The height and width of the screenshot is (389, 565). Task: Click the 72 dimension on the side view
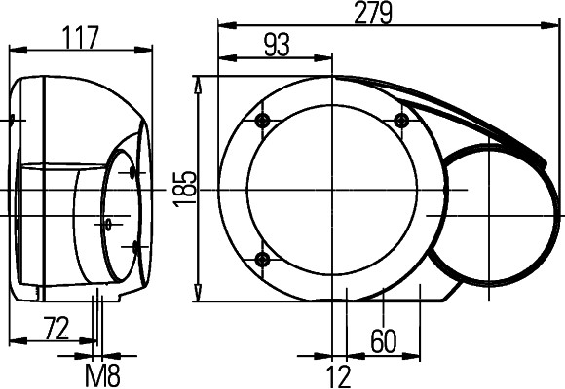(56, 329)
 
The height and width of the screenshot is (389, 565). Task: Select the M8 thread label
(103, 374)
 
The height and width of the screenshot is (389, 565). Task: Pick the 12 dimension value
(338, 374)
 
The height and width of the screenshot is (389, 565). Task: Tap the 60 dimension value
(384, 339)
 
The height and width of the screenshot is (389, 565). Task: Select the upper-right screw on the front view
(400, 120)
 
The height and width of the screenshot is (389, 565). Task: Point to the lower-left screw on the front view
(261, 259)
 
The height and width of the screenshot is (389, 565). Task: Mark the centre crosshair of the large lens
(332, 189)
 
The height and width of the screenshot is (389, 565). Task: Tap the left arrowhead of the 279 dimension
(223, 26)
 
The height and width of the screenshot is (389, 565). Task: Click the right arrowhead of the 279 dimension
(556, 26)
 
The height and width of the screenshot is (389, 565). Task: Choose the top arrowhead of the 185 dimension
(200, 82)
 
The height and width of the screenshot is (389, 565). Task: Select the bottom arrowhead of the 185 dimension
(200, 296)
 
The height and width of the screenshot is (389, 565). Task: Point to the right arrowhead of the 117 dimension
(148, 47)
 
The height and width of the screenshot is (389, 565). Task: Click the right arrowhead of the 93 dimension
(327, 58)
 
